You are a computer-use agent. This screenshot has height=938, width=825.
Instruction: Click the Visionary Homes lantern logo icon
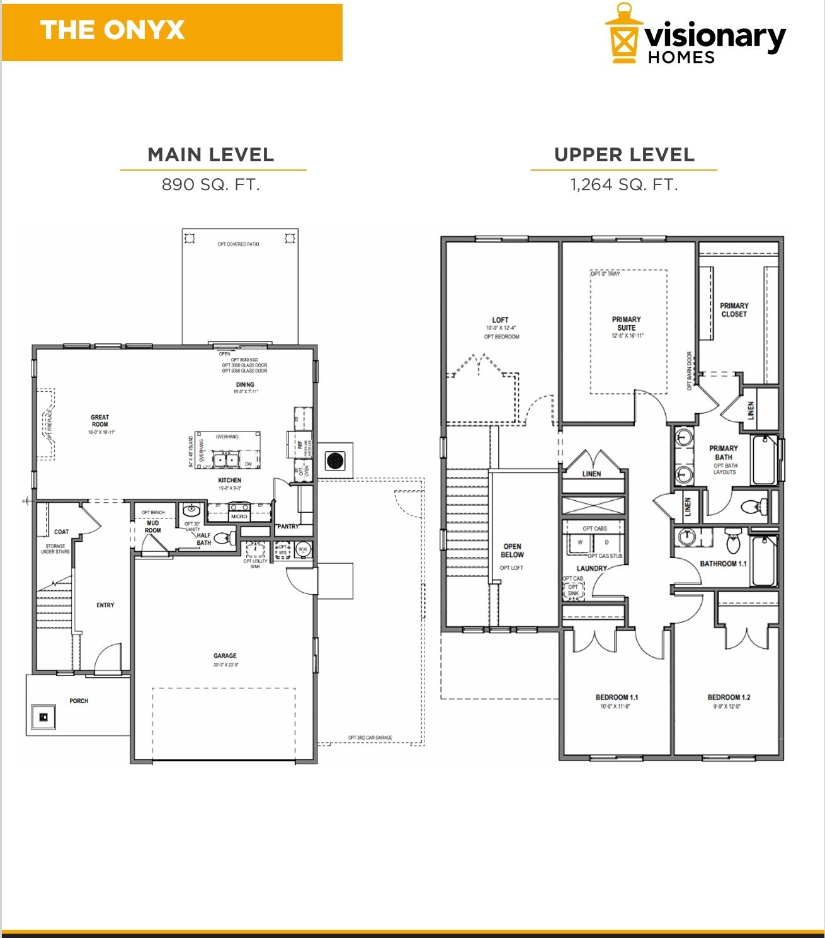coord(623,34)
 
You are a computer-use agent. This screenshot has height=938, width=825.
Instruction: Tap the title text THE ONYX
coord(112,30)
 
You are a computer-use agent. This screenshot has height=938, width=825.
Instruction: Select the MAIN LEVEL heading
coord(211,155)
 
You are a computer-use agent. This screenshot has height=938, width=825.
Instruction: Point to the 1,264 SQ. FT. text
coord(624,185)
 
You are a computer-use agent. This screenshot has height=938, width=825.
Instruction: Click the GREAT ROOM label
coord(100,421)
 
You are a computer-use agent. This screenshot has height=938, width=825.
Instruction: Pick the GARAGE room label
coord(225,656)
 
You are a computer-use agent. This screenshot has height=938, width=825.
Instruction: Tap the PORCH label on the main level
coord(79,701)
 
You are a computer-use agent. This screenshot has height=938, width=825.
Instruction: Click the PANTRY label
coord(288,526)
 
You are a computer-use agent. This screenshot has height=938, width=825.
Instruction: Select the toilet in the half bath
coord(224,539)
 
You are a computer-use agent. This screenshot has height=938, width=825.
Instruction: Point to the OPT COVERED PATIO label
coord(238,244)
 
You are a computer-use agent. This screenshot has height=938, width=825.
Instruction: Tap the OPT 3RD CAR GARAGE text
coord(370,738)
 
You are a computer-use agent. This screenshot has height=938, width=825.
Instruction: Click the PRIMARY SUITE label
coord(626,323)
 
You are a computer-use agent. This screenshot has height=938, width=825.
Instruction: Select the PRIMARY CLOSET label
coord(734,309)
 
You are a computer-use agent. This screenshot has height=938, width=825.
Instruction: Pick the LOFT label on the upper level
coord(500,320)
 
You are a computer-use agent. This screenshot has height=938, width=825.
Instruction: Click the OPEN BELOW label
coord(512,551)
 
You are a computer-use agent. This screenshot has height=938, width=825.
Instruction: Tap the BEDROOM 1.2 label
coord(729,697)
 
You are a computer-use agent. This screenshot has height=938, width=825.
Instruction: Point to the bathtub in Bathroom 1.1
coord(765,561)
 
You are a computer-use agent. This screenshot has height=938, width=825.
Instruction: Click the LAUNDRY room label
coord(591,568)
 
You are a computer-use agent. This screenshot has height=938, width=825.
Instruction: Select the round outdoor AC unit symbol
coord(334,460)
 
